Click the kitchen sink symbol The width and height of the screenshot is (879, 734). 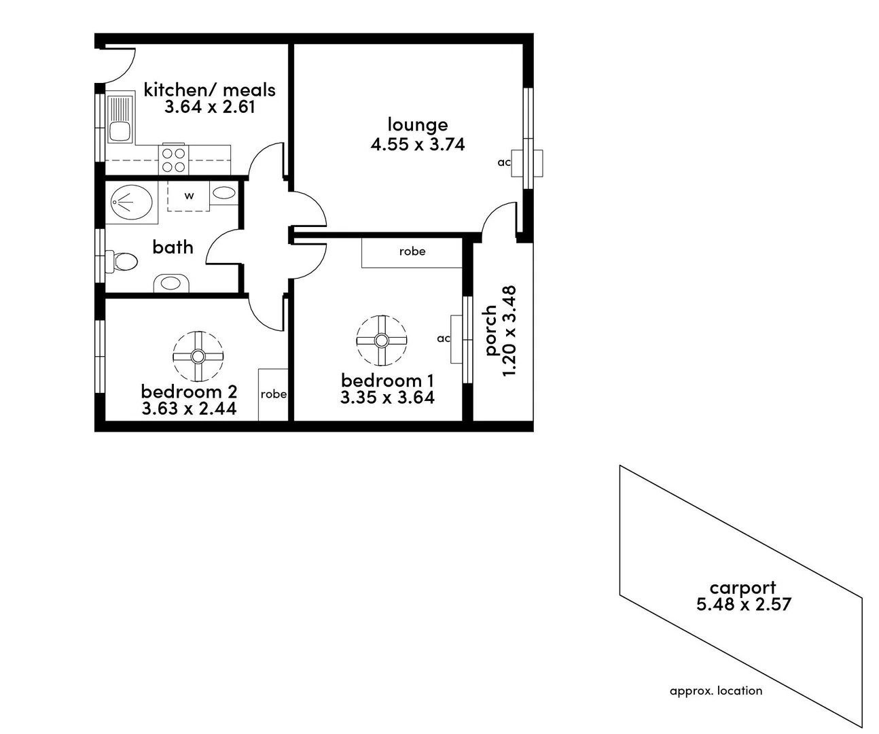coord(120,119)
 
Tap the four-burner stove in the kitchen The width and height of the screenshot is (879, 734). coord(174,159)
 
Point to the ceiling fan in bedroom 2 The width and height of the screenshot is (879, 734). coord(198,356)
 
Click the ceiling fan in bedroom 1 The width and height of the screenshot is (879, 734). coord(381,340)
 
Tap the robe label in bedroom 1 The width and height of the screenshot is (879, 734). coord(412,251)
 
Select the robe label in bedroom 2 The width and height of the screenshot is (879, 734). coord(273,394)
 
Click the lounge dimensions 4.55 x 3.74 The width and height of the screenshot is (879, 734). coord(418,144)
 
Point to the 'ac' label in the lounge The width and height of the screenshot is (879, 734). coord(503,162)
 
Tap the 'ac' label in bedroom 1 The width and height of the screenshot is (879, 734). coord(443,338)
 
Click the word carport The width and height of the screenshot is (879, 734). coord(742,588)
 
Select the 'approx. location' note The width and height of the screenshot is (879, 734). coord(716,691)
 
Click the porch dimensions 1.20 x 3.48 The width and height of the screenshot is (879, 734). coord(509,331)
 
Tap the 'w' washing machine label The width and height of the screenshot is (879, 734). coord(189,196)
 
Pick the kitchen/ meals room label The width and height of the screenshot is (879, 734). coord(210,90)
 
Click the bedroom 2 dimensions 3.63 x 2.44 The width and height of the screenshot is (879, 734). coord(189,408)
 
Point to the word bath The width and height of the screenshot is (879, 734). coord(173,247)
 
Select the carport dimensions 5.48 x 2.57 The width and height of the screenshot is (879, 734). coord(744,604)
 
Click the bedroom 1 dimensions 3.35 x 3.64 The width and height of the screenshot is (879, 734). coord(387,398)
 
